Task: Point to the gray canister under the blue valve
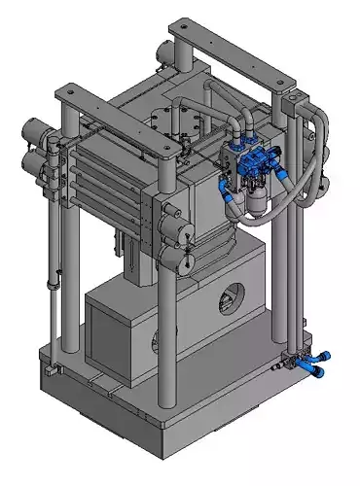tap(255, 199)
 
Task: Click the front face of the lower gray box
tap(117, 330)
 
